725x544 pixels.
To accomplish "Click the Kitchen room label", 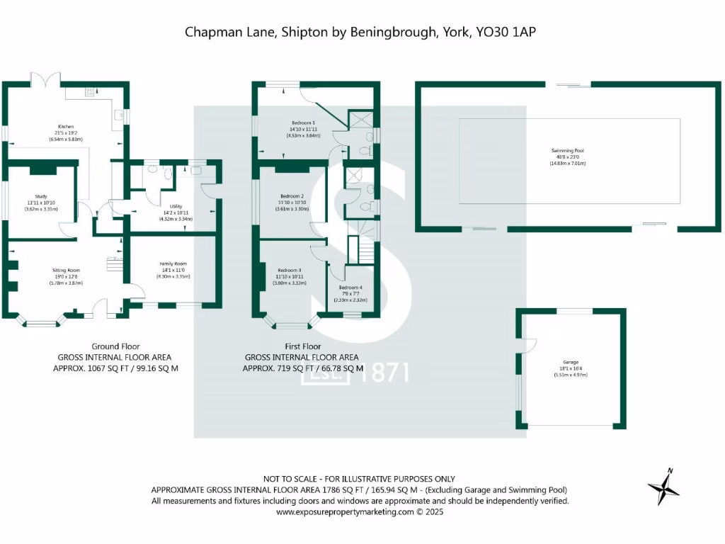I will pyautogui.click(x=67, y=127).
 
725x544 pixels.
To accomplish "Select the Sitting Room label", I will pyautogui.click(x=66, y=270).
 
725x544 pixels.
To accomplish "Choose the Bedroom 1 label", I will pyautogui.click(x=303, y=122).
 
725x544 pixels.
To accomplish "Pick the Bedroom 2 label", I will pyautogui.click(x=292, y=196).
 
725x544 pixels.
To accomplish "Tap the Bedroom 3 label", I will pyautogui.click(x=290, y=270).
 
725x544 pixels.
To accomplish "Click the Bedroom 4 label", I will pyautogui.click(x=350, y=288).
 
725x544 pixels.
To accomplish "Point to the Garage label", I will pyautogui.click(x=571, y=362).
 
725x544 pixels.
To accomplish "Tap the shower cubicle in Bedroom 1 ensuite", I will pyautogui.click(x=361, y=116).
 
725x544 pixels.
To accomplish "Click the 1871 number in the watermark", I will pyautogui.click(x=384, y=373).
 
